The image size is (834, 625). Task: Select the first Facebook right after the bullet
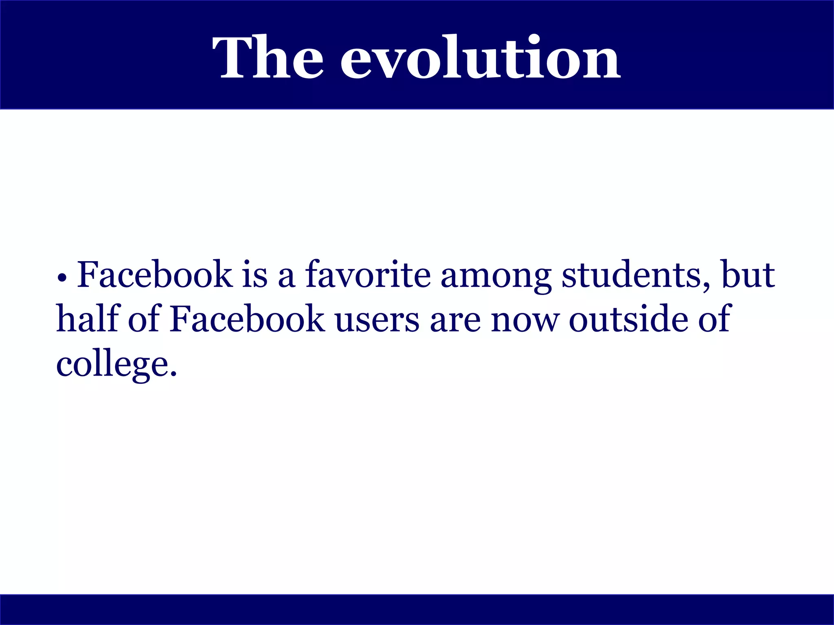tap(155, 275)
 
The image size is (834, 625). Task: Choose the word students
tap(631, 275)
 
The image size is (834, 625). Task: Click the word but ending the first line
tap(748, 275)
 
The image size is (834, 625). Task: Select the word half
tap(87, 319)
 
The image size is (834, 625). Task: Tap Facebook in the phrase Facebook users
tap(247, 319)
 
